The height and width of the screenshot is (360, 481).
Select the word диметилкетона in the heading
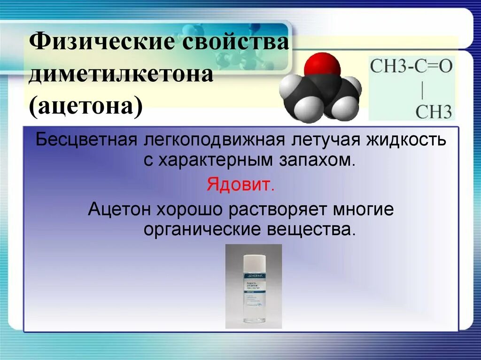(x=121, y=75)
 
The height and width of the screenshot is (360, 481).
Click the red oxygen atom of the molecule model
(x=322, y=65)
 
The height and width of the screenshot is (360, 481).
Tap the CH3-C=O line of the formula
(x=411, y=66)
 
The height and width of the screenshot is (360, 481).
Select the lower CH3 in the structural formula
(x=434, y=112)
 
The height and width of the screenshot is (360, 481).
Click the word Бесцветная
(x=86, y=140)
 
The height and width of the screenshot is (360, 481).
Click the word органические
(x=203, y=230)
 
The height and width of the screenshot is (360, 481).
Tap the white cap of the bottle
(x=254, y=260)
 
